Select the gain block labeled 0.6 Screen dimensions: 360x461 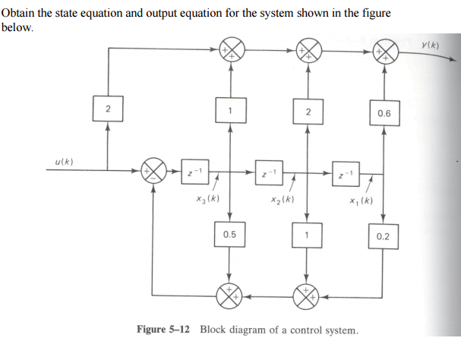[384, 113]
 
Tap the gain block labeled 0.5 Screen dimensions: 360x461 [229, 235]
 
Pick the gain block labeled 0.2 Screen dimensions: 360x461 [384, 236]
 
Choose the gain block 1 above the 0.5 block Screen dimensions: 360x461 [229, 112]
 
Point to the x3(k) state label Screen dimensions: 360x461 [207, 198]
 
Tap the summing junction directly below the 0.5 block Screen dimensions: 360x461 [229, 295]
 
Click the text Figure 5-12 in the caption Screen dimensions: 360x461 [163, 330]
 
